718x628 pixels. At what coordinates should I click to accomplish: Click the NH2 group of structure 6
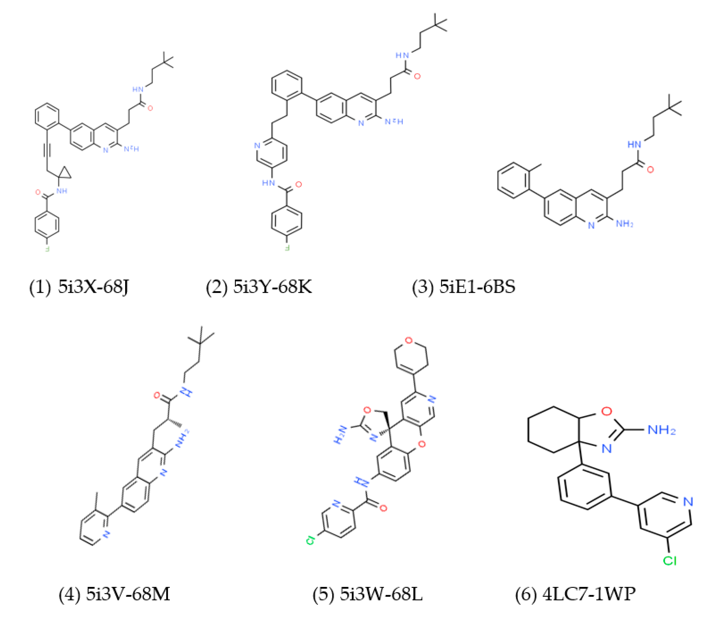pos(661,430)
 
